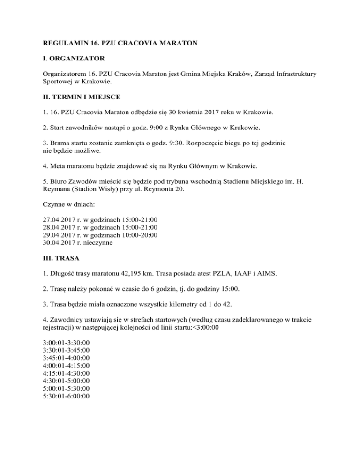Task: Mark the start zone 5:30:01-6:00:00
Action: tap(66, 397)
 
